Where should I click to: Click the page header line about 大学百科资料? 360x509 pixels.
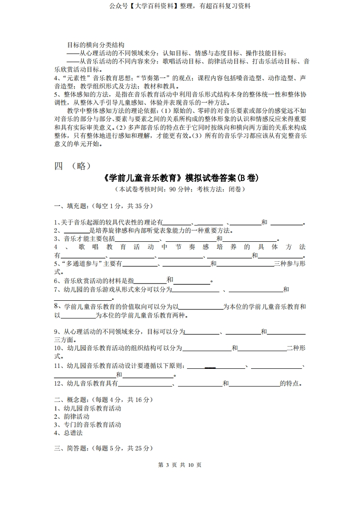coord(180,6)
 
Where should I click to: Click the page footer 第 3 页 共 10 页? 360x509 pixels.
coord(180,465)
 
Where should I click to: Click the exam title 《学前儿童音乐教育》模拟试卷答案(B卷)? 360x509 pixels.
coord(180,177)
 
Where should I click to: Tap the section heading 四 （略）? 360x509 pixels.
coord(73,166)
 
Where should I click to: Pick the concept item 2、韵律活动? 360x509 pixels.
coord(72,416)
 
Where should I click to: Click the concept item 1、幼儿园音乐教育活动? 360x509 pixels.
coord(88,408)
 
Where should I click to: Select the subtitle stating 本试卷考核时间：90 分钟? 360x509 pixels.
coord(180,189)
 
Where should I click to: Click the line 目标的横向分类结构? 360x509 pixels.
coord(95,45)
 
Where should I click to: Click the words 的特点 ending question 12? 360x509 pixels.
coord(291,383)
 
